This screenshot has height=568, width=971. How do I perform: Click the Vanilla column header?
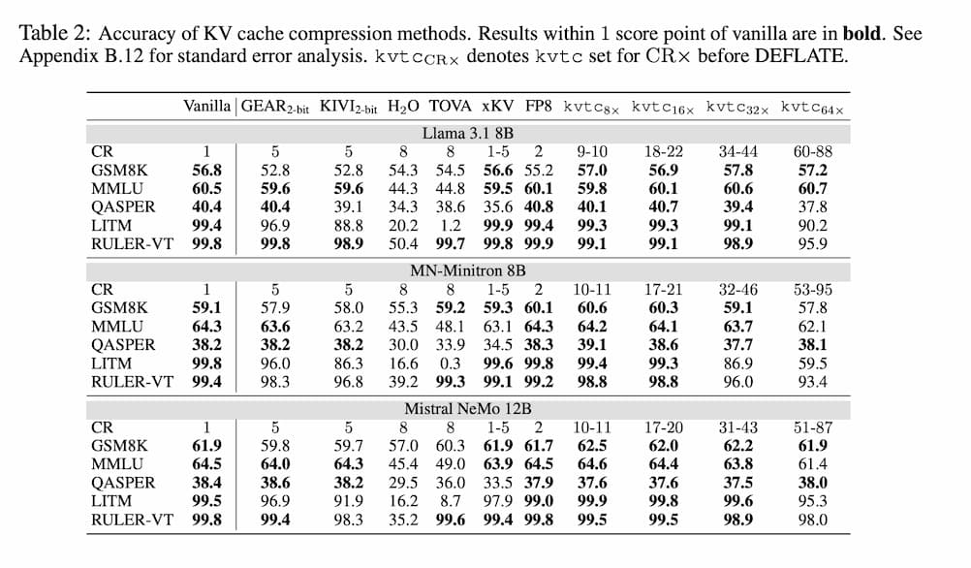(x=206, y=107)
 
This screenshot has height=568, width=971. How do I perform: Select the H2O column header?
(x=403, y=107)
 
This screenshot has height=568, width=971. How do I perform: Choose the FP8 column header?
(x=539, y=107)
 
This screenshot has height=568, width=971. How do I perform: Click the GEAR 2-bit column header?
(x=275, y=107)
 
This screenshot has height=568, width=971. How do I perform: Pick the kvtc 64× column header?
(x=812, y=107)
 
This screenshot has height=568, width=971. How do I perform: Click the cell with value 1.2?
(x=450, y=225)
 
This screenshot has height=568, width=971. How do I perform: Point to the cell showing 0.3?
(x=450, y=363)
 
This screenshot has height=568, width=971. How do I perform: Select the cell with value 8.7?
(x=450, y=500)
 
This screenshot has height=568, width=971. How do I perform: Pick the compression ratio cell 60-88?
(x=812, y=150)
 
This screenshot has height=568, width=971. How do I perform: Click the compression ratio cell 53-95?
(x=812, y=289)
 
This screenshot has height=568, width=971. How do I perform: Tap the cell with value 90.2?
(x=812, y=225)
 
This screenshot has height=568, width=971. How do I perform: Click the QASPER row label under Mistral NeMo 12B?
(x=122, y=482)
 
